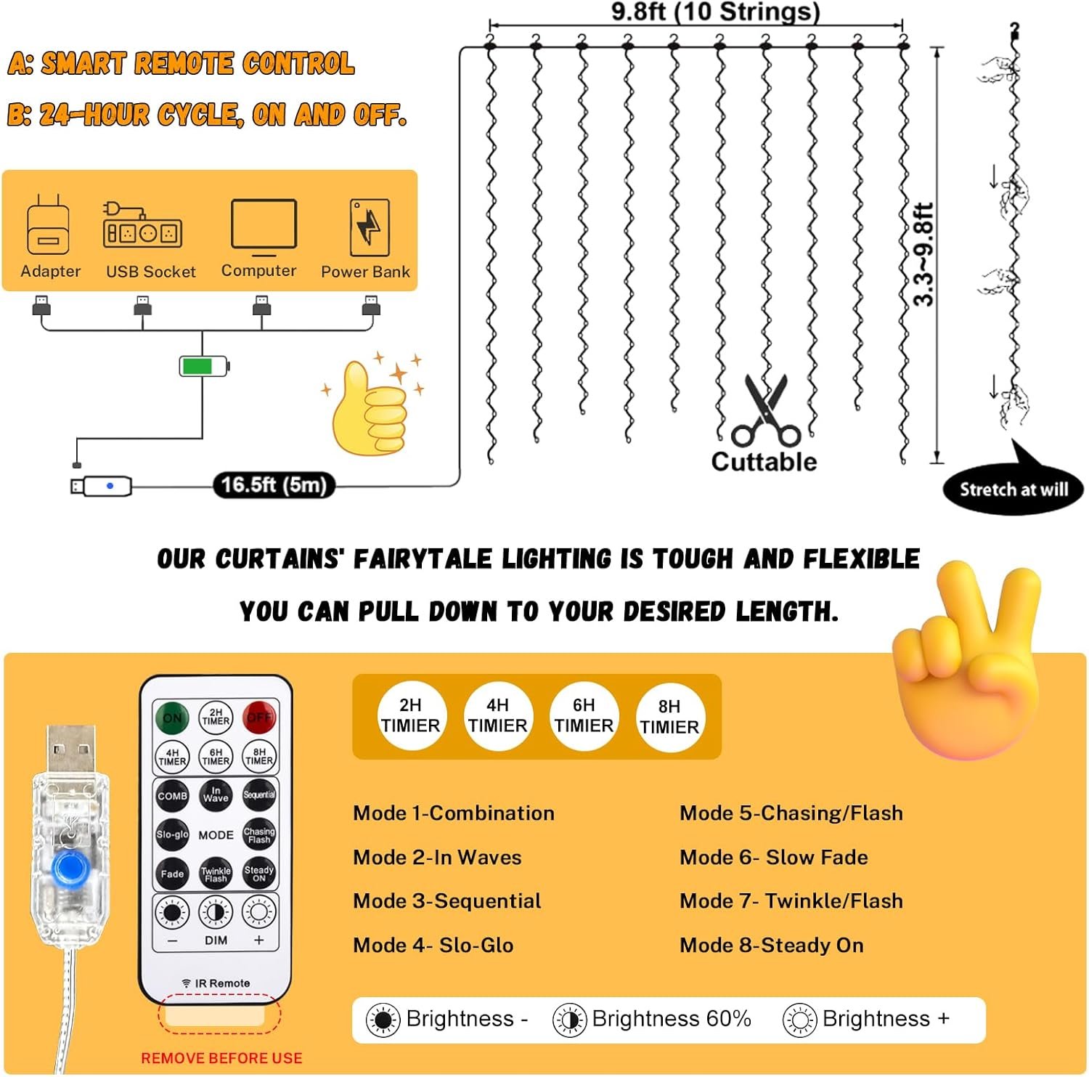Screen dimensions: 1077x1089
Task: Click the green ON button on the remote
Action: pyautogui.click(x=172, y=718)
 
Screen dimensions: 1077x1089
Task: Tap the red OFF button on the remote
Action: pyautogui.click(x=259, y=718)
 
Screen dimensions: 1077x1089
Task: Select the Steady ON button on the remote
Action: pyautogui.click(x=259, y=874)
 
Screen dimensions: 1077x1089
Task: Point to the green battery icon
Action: pyautogui.click(x=203, y=366)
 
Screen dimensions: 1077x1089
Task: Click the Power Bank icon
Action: pyautogui.click(x=370, y=228)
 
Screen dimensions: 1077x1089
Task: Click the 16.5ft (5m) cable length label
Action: pyautogui.click(x=274, y=485)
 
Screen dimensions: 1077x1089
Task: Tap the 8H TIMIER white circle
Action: pyautogui.click(x=669, y=717)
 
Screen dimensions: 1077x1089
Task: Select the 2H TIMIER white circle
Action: pyautogui.click(x=410, y=716)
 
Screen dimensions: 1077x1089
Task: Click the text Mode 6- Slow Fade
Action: pyautogui.click(x=774, y=858)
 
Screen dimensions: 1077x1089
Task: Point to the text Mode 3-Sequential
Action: pyautogui.click(x=447, y=901)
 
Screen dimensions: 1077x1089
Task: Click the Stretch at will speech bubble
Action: pyautogui.click(x=1013, y=489)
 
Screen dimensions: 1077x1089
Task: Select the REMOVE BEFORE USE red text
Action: pyautogui.click(x=221, y=1058)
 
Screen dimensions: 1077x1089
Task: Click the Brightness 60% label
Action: pyautogui.click(x=671, y=1019)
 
